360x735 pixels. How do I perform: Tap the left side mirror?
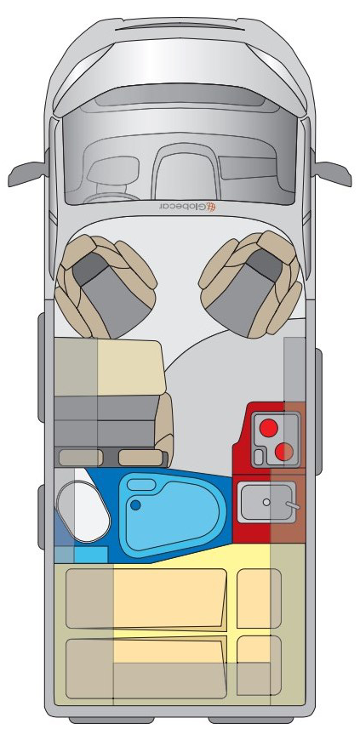pyautogui.click(x=27, y=173)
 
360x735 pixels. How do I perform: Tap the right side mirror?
pyautogui.click(x=333, y=173)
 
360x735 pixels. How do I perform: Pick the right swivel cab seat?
pyautogui.click(x=251, y=284)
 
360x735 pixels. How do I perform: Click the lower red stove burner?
pyautogui.click(x=283, y=452)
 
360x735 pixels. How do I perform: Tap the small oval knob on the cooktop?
pyautogui.click(x=258, y=453)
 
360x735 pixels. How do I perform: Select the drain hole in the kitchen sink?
pyautogui.click(x=266, y=502)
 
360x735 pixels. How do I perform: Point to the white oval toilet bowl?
pyautogui.click(x=83, y=512)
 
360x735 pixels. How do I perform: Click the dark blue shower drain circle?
pyautogui.click(x=135, y=505)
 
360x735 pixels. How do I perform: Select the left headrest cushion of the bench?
pyautogui.click(x=80, y=458)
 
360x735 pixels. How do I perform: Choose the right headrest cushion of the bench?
pyautogui.click(x=142, y=458)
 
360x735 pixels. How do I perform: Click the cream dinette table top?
pyautogui.click(x=110, y=367)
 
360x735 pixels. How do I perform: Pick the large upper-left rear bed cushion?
pyautogui.click(x=146, y=598)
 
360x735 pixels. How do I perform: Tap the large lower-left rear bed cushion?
pyautogui.click(x=146, y=669)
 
